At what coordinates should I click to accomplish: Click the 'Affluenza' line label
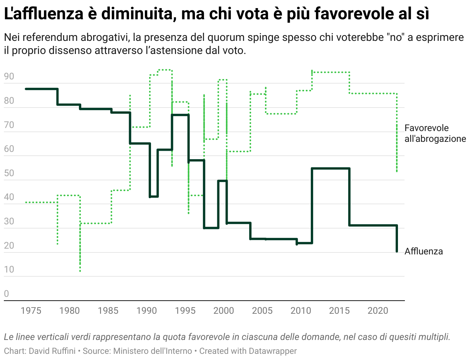coord(423,252)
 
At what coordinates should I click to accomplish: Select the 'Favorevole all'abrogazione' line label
coord(435,133)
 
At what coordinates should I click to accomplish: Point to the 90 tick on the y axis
coord(9,77)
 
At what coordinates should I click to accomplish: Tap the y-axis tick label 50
coord(9,173)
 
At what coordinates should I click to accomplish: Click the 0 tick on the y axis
coord(6,294)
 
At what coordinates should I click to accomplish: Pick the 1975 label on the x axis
coord(31,311)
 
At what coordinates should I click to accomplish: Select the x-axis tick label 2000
coord(223,311)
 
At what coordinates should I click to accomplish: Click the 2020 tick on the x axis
coord(378,311)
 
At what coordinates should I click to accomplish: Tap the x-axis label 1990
coord(146,311)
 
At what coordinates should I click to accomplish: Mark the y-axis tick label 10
coord(9,269)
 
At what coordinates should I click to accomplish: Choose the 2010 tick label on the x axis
coord(300,311)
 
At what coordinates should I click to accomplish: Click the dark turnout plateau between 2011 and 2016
coord(331,168)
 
